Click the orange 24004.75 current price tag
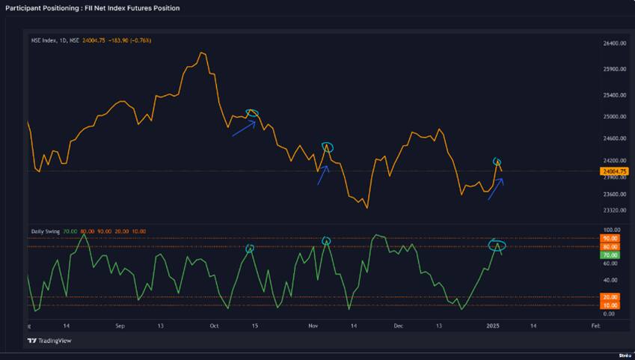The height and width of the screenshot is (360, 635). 613,171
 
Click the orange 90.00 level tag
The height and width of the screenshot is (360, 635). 610,239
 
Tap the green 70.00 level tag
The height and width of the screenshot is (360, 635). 610,255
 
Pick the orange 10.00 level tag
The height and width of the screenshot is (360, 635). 610,305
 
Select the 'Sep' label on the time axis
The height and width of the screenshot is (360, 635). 120,327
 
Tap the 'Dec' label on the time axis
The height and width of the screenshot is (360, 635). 399,327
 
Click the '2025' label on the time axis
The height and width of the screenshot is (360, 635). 493,327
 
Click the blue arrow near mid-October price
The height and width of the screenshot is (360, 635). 244,128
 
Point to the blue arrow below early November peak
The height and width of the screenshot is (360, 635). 322,175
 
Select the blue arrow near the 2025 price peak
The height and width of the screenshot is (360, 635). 496,189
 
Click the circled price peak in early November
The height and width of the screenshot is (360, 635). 327,147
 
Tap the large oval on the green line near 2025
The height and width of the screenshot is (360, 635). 497,245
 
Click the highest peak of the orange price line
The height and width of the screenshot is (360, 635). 202,53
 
